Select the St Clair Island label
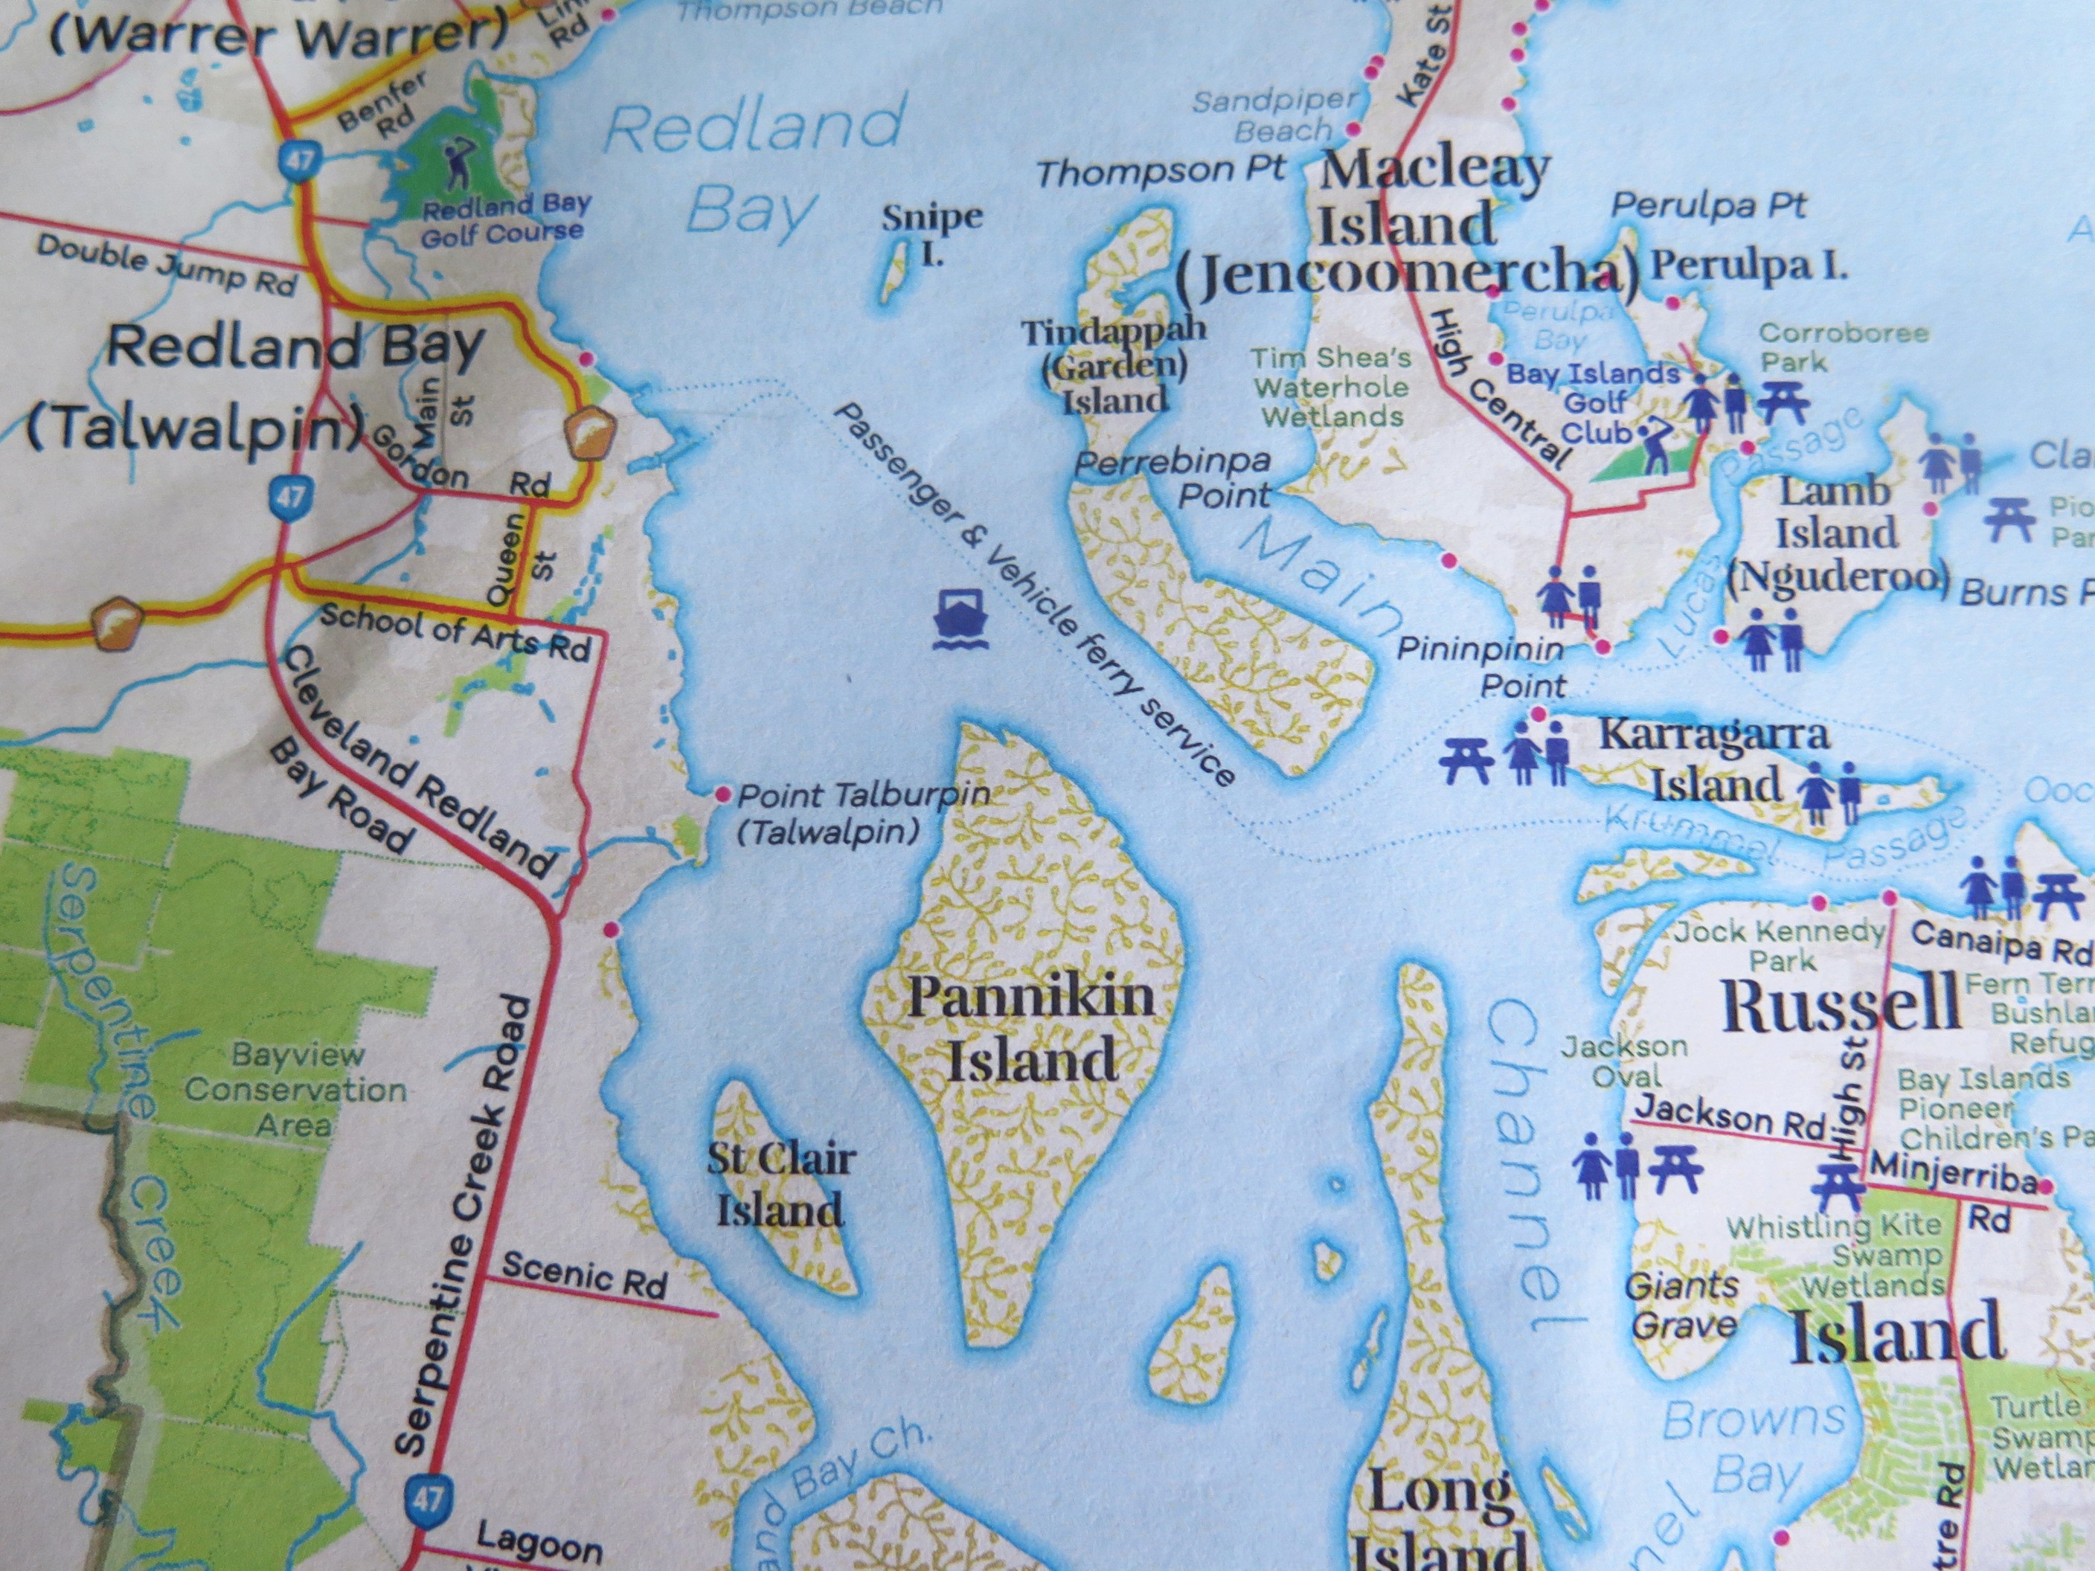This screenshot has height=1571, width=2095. [x=781, y=1185]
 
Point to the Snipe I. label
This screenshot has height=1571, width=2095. [x=932, y=233]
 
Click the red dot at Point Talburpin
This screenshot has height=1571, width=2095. [x=722, y=793]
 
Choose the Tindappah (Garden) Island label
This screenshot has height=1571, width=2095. [x=1114, y=365]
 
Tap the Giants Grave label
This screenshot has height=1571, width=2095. [x=1682, y=1304]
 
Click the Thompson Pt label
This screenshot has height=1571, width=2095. [x=1161, y=171]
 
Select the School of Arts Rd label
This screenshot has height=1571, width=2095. [x=455, y=631]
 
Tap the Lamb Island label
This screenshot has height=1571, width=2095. [x=1836, y=533]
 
